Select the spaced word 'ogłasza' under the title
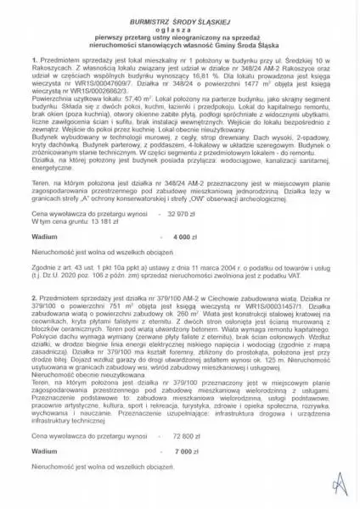tap(180, 25)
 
